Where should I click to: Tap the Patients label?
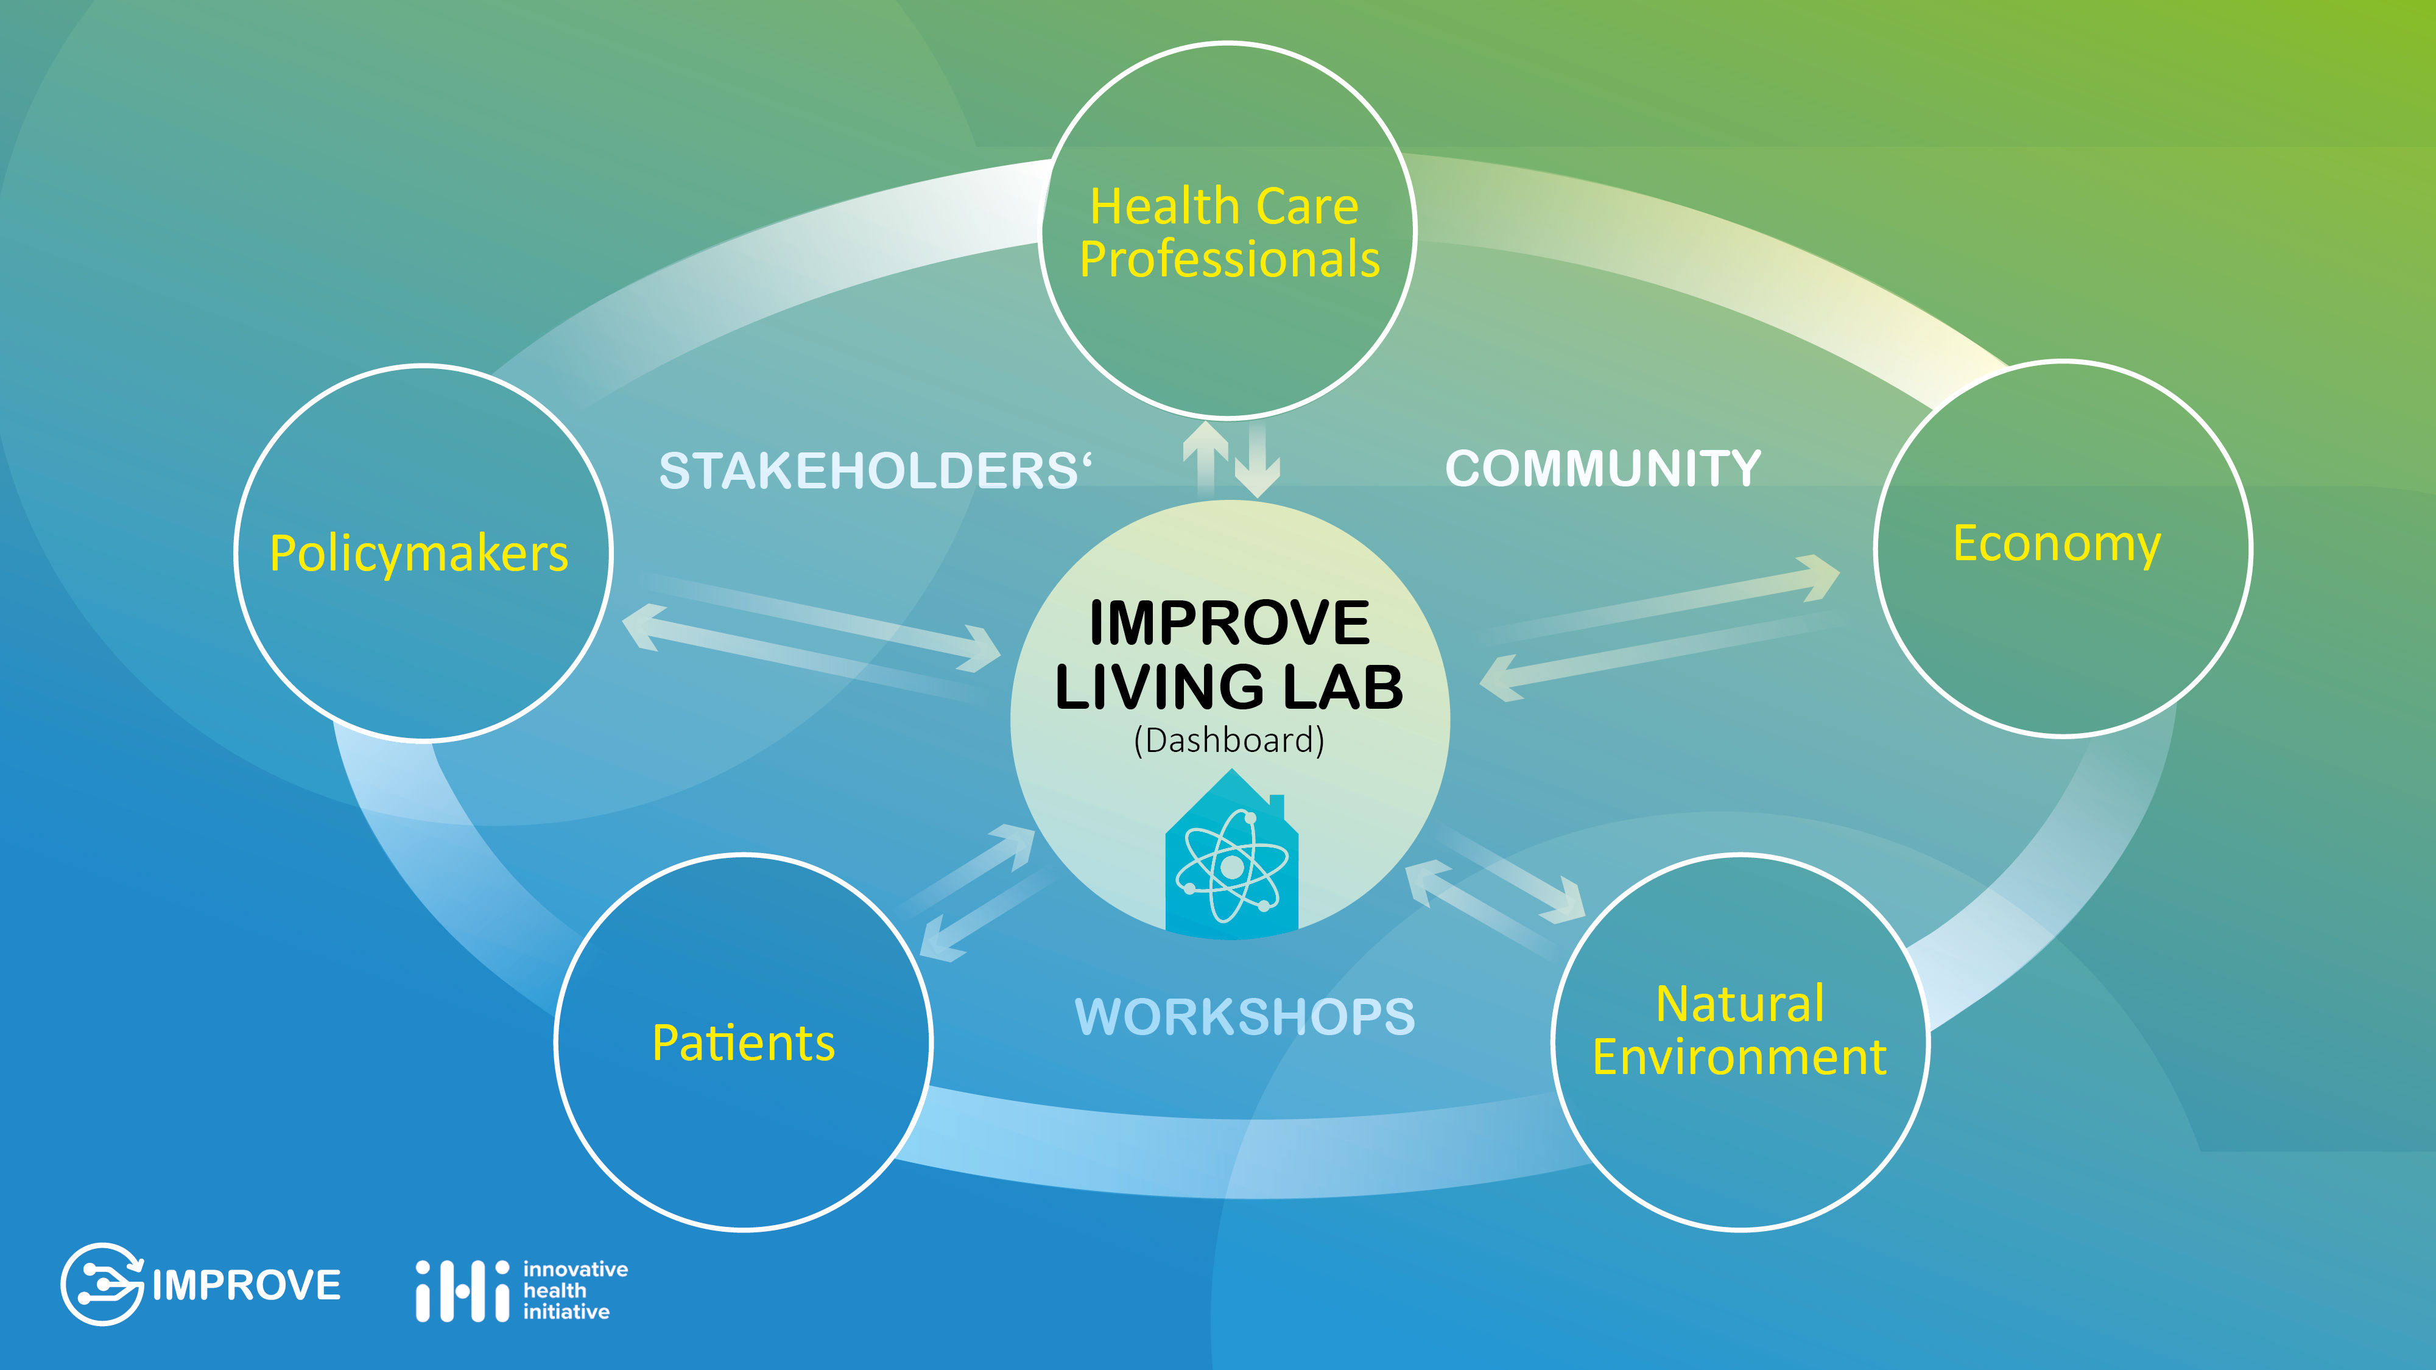(743, 1043)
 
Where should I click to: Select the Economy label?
(2057, 544)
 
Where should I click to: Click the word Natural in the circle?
(1740, 1003)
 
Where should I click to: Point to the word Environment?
(1740, 1056)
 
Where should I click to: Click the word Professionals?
(1230, 259)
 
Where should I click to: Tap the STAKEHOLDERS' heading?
(875, 471)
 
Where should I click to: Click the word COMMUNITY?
(1603, 469)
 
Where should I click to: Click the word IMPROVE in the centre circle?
(1230, 622)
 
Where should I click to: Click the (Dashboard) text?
(1230, 740)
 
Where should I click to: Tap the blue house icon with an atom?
(1231, 853)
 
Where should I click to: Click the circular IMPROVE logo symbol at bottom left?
(102, 1284)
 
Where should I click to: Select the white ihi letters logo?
(462, 1291)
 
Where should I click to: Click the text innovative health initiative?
(575, 1291)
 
